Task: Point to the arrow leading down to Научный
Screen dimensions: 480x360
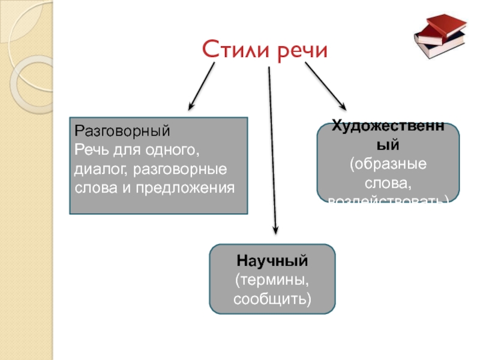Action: (272, 150)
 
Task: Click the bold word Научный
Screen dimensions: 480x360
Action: (272, 262)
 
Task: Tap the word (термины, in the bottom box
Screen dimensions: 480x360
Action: (272, 280)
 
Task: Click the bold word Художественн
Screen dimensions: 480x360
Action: (388, 127)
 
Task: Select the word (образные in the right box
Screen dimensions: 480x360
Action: (388, 163)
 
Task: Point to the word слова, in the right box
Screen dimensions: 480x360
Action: (388, 181)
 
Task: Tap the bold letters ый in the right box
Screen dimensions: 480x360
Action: (388, 145)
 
